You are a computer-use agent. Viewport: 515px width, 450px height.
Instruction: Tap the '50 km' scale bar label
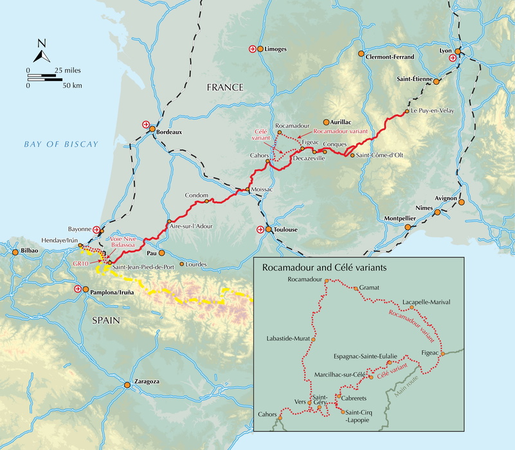coord(72,84)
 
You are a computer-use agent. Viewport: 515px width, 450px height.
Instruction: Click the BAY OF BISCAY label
coord(61,144)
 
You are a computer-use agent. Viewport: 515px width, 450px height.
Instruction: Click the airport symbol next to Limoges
coord(253,49)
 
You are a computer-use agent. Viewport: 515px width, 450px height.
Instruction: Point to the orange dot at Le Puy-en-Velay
coord(406,111)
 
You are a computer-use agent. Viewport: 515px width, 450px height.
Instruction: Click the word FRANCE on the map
coord(224,87)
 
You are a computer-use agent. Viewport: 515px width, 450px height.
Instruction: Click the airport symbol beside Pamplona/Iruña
coord(78,289)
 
